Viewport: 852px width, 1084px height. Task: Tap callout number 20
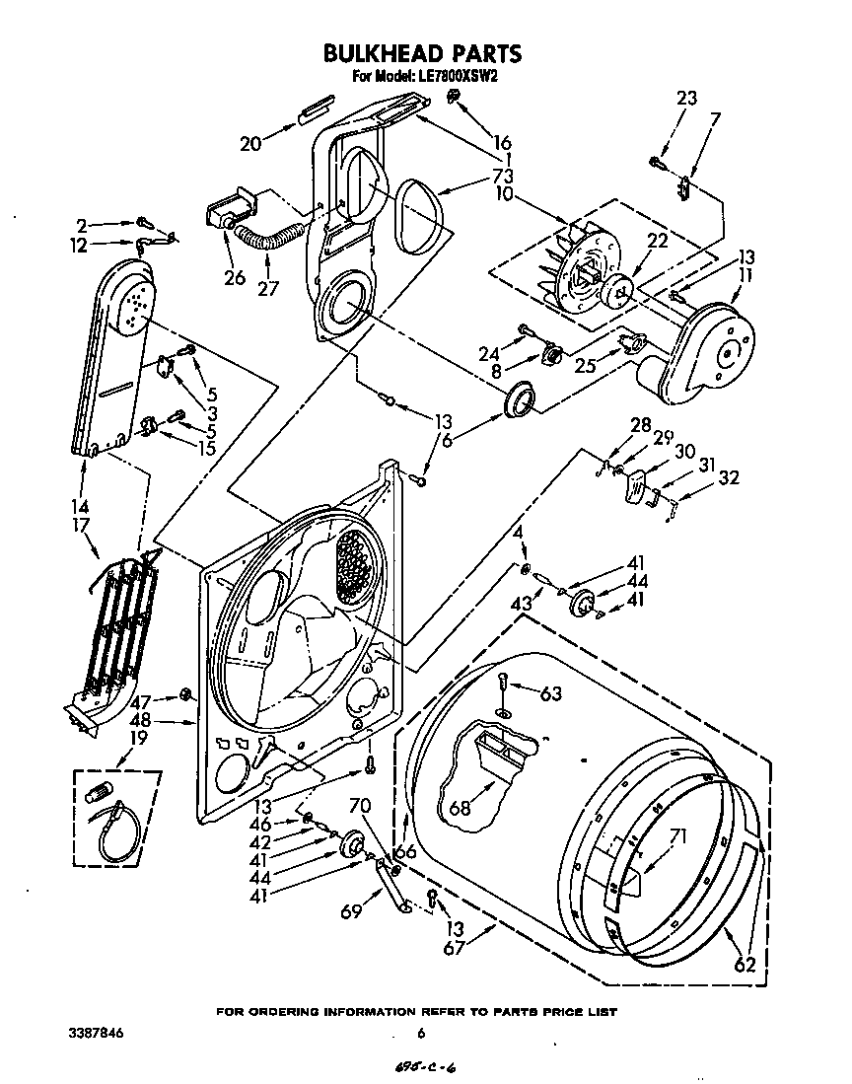(250, 143)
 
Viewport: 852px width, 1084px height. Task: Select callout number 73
(503, 176)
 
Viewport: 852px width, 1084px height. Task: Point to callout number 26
(234, 277)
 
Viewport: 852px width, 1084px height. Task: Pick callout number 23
(686, 98)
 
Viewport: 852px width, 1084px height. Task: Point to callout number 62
(745, 965)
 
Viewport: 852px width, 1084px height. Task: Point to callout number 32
(729, 479)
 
